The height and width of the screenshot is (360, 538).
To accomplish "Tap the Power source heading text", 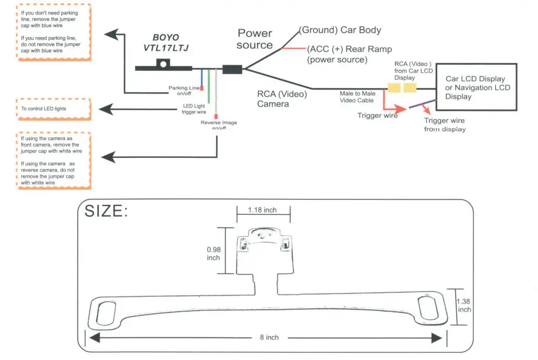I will click(x=255, y=39).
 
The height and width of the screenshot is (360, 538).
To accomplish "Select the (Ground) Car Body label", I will click(x=340, y=30).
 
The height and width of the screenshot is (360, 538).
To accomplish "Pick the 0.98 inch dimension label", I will click(x=213, y=253).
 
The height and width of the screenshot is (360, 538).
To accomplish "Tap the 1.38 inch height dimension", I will click(x=464, y=305).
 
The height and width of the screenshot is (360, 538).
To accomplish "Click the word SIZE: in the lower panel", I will click(x=106, y=211).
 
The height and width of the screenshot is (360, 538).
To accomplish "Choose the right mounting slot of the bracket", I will click(x=429, y=307).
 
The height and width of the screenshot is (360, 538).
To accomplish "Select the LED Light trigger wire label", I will click(x=194, y=109).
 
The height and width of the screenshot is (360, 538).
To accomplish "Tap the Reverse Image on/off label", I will click(x=219, y=125).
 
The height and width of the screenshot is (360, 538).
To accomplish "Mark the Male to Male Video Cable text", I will click(x=356, y=96).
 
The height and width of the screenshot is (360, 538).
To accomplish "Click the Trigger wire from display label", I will click(x=444, y=125).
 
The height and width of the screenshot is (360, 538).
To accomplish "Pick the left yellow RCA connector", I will click(x=393, y=88).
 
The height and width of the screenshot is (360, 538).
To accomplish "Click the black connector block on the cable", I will click(x=232, y=69).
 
